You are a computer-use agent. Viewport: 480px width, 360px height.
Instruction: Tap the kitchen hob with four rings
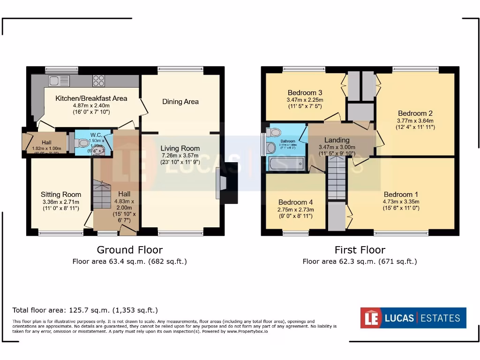[x=99, y=81]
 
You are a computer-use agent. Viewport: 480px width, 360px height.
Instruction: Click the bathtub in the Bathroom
[x=286, y=164]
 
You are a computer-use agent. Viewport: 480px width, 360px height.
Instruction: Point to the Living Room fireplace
[x=223, y=182]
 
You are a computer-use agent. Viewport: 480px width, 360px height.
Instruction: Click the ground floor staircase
[x=102, y=194]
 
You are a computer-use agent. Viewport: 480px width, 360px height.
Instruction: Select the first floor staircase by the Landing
[x=336, y=179]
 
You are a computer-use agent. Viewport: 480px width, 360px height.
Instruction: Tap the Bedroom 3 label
[x=305, y=92]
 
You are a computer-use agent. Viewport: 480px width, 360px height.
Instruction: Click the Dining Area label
[x=180, y=101]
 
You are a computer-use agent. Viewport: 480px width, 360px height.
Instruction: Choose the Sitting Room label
[x=61, y=194]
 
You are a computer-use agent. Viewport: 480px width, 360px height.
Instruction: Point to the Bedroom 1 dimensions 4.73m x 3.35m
[x=401, y=202]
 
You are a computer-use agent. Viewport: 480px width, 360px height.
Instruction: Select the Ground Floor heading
[x=129, y=250]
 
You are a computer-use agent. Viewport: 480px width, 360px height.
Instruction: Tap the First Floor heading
[x=360, y=250]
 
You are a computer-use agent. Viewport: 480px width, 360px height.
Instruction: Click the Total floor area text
[x=85, y=310]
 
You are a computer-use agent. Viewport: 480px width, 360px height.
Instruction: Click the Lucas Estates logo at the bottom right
[x=413, y=318]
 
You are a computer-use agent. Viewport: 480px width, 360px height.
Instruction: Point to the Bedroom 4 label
[x=295, y=202]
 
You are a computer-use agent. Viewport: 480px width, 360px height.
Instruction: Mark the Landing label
[x=337, y=140]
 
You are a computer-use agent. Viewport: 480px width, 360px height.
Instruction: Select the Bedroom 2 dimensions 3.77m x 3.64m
[x=415, y=120]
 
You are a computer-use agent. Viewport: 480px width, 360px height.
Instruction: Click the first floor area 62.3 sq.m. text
[x=360, y=262]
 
